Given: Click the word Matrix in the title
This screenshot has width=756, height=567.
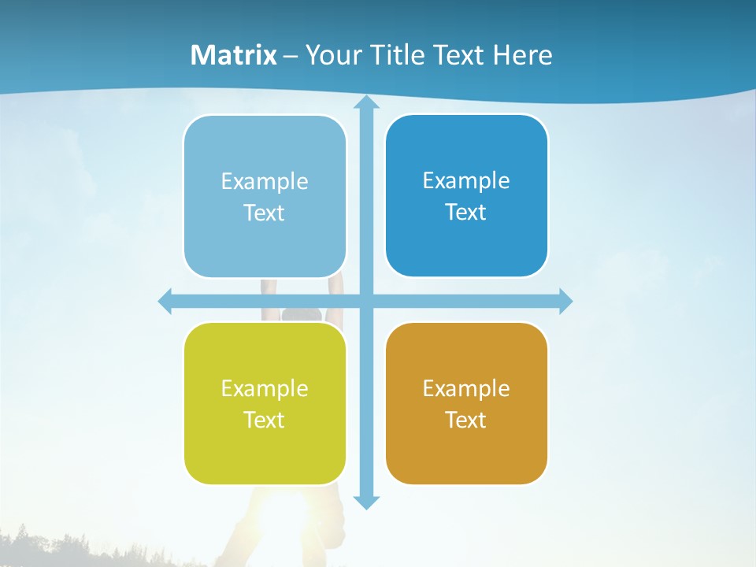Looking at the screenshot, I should point(234,55).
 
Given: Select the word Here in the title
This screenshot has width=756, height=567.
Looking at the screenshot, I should point(523,55).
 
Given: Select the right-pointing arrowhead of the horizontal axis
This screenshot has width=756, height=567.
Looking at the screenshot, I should point(565,301).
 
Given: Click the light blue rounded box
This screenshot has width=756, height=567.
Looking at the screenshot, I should point(265,196).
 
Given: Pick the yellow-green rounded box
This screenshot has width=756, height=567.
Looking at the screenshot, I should point(265,403).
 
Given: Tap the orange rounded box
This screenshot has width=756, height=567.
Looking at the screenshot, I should point(466,403).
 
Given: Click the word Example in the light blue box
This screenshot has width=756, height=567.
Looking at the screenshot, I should point(265,181).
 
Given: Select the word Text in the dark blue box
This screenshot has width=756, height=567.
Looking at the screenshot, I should point(466,212).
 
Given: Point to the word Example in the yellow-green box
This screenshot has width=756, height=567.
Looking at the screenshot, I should point(265,388).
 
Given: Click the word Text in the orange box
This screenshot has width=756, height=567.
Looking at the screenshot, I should point(466,420).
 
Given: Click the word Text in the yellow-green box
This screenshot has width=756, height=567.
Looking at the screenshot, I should point(265,420).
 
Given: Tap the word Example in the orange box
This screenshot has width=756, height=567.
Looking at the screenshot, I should point(466,388).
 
